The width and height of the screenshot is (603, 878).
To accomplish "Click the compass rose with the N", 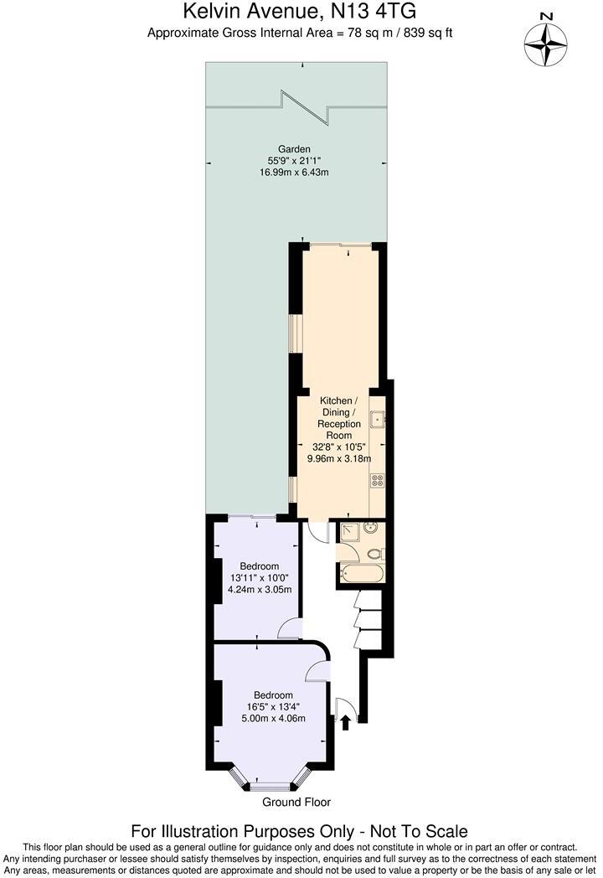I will tap(545, 41).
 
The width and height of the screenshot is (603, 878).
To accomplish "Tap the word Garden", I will tap(294, 149).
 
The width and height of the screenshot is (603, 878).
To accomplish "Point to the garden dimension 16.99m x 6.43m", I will tap(294, 173).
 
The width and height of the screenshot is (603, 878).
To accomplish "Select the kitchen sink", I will tap(378, 419).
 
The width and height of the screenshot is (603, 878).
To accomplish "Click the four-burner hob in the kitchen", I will tap(377, 481).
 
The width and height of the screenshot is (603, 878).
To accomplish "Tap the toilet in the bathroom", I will tap(374, 554).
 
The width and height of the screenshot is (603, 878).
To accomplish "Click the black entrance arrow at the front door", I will tap(345, 720).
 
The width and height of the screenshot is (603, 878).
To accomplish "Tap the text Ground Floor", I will tap(296, 802).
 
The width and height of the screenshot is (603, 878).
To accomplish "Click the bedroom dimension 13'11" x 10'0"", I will tap(260, 578).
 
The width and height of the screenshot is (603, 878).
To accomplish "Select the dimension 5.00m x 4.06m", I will tap(274, 718).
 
